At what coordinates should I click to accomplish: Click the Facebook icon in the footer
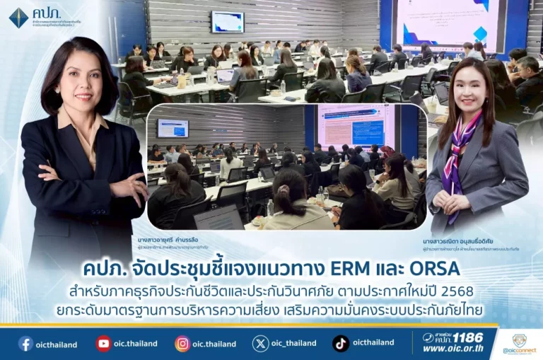[25, 344]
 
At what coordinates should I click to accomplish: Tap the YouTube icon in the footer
[104, 344]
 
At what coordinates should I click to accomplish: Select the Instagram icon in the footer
[182, 344]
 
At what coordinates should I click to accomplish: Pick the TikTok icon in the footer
[341, 344]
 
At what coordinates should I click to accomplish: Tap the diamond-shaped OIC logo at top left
[18, 17]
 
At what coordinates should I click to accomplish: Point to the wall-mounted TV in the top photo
[227, 22]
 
